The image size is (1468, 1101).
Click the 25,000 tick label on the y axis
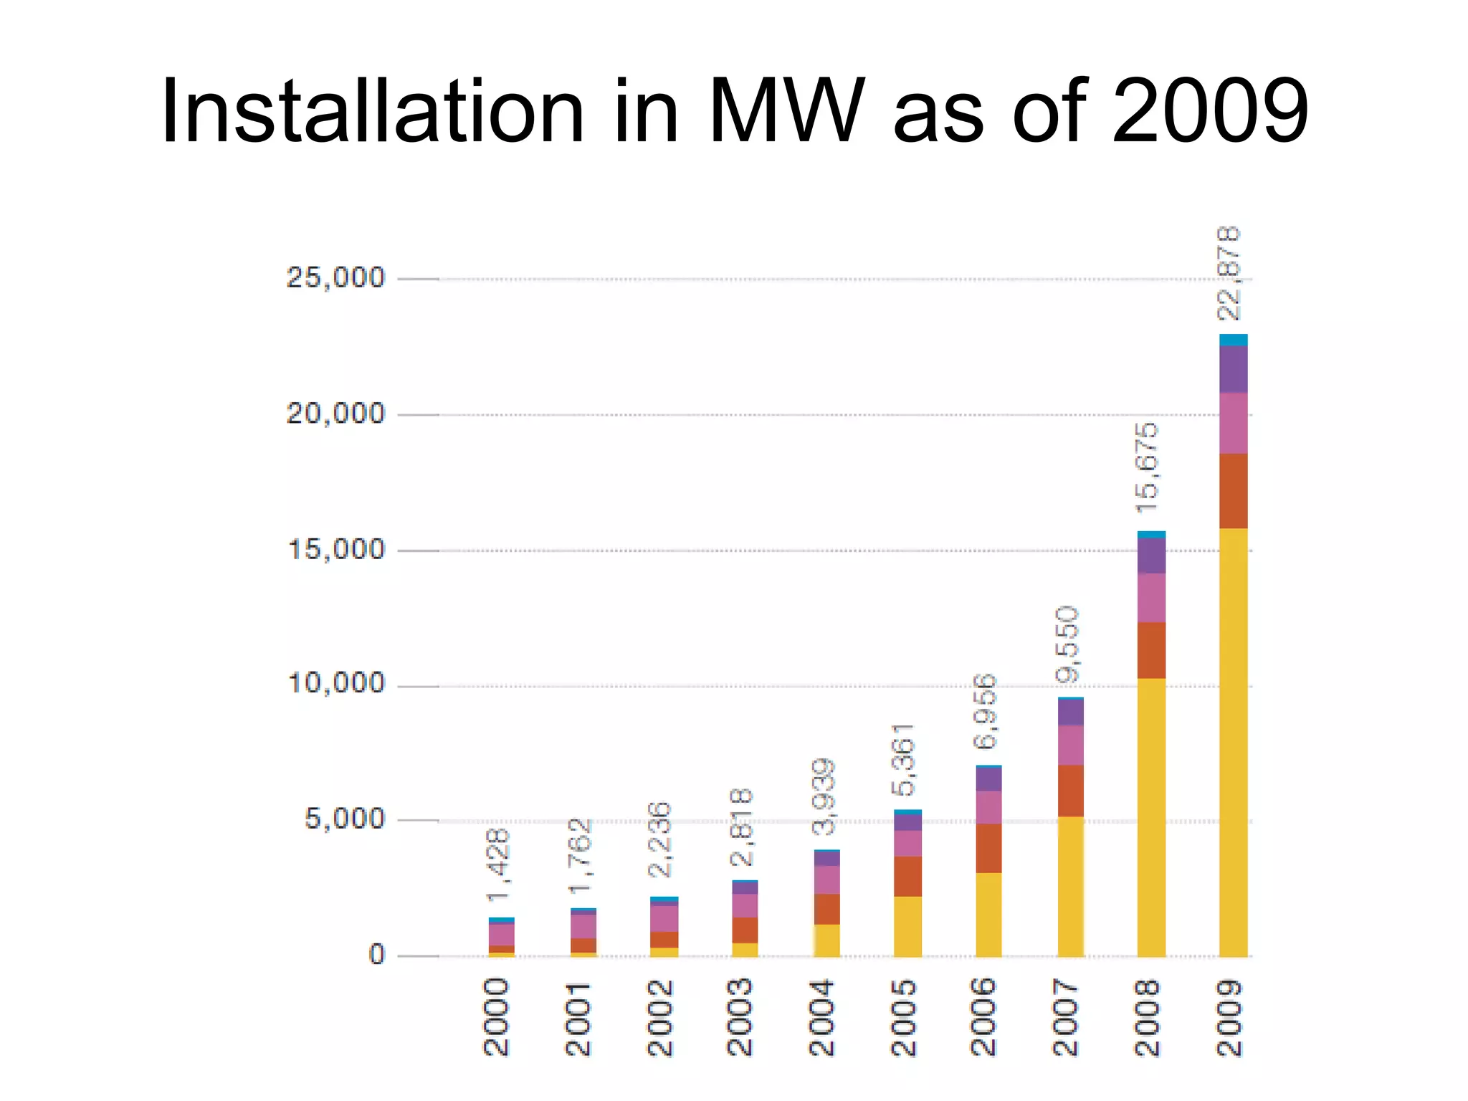(x=335, y=278)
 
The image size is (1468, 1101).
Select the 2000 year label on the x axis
(x=497, y=1018)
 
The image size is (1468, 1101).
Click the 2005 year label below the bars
(x=905, y=1018)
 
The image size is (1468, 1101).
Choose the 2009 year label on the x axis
(x=1232, y=1018)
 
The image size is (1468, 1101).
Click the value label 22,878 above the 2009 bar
(x=1230, y=274)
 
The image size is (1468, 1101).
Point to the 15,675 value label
(x=1148, y=468)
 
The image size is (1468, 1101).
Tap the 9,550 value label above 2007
(x=1067, y=644)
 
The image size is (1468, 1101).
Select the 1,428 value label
(x=498, y=865)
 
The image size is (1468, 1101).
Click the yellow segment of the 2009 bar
(x=1233, y=742)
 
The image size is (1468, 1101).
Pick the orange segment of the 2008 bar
(x=1151, y=650)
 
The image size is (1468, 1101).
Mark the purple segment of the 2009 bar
(x=1233, y=369)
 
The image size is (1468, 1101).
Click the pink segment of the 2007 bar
(x=1070, y=745)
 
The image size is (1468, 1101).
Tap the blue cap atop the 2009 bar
(x=1233, y=340)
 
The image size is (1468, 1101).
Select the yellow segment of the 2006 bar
(x=988, y=915)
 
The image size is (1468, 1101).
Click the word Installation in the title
(x=373, y=112)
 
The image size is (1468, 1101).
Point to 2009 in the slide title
(x=1210, y=112)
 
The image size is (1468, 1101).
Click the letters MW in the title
(x=785, y=112)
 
